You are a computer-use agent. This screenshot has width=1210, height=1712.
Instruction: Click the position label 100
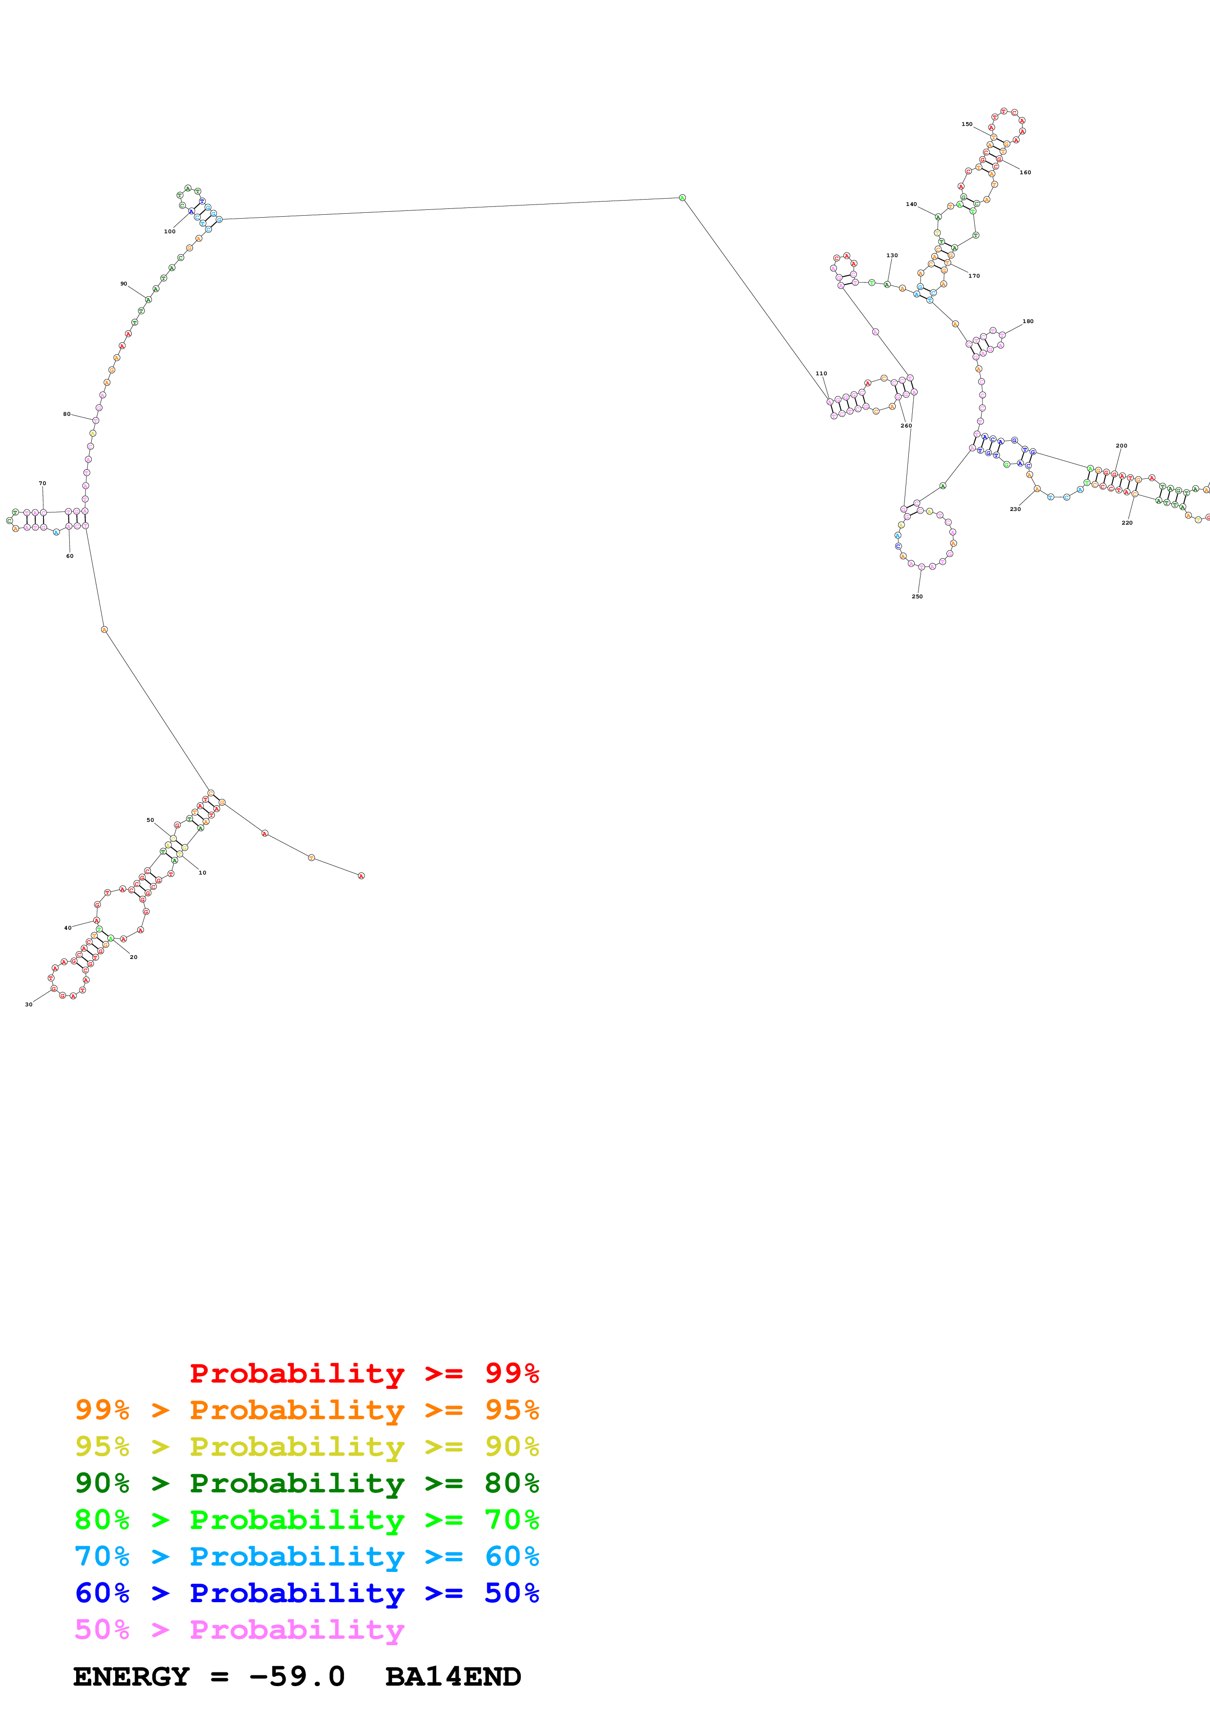[x=170, y=231]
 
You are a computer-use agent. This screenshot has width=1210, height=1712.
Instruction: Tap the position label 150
[x=966, y=124]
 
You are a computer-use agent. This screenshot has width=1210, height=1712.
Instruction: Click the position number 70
[x=42, y=483]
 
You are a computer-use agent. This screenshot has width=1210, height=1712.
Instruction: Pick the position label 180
[x=1027, y=322]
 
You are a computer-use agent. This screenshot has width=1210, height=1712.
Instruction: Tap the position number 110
[x=821, y=373]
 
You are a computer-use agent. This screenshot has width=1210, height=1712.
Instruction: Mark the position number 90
[x=124, y=284]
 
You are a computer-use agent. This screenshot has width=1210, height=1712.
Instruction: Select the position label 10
[x=202, y=873]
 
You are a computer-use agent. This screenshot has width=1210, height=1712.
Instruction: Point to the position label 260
[x=906, y=426]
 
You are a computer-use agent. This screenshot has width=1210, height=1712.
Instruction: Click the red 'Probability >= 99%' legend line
[x=364, y=1373]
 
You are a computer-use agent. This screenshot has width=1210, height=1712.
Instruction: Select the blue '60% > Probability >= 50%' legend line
[x=307, y=1593]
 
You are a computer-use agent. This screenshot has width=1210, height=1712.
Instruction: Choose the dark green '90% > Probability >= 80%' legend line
[x=307, y=1483]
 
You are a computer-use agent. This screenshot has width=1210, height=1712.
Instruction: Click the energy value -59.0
[x=297, y=1676]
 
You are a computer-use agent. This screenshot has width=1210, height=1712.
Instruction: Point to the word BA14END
[x=452, y=1676]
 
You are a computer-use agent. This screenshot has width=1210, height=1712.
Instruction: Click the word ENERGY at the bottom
[x=131, y=1676]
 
